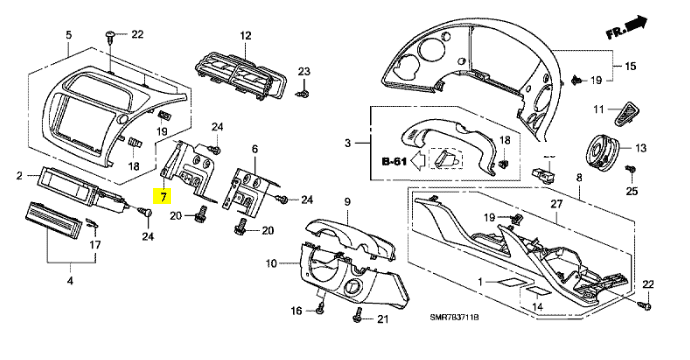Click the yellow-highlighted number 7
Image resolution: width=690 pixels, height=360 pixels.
pos(163,196)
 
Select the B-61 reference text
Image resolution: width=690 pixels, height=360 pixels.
pos(394,162)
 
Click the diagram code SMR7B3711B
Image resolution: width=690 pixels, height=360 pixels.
pos(454,317)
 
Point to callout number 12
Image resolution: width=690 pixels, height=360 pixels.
pos(245,36)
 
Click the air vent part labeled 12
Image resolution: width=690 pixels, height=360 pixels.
pos(240,75)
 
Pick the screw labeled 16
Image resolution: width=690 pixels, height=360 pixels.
pos(320,307)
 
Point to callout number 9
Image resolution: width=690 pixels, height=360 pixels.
pos(347,202)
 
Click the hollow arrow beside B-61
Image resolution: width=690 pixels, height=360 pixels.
pos(417,161)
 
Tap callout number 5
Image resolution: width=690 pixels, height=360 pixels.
pos(68,35)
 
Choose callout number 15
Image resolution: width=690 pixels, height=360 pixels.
pos(630,66)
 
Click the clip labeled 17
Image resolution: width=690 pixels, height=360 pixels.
pos(93,223)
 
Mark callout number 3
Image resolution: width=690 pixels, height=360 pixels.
pos(348,143)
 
